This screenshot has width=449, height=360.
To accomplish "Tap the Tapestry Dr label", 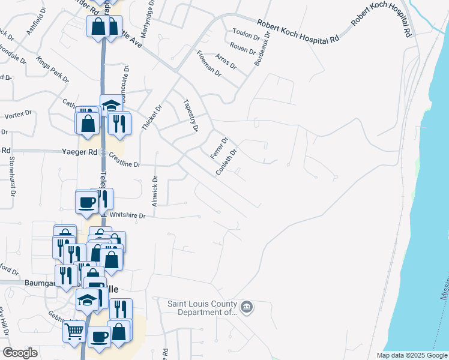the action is tap(190, 116).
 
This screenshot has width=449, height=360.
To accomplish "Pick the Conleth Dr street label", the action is tap(228, 163).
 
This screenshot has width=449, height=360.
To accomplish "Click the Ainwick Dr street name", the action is tap(155, 191).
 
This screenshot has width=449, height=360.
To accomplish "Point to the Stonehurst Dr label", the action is tap(11, 176).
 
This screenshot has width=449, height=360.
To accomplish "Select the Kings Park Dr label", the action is tap(53, 70).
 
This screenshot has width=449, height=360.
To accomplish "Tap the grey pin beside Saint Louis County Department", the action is tap(247, 308).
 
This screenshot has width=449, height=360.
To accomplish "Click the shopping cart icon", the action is tap(74, 331).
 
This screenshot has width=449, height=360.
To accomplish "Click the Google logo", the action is tap(20, 353).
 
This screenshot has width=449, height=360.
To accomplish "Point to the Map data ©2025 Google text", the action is tap(411, 355).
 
